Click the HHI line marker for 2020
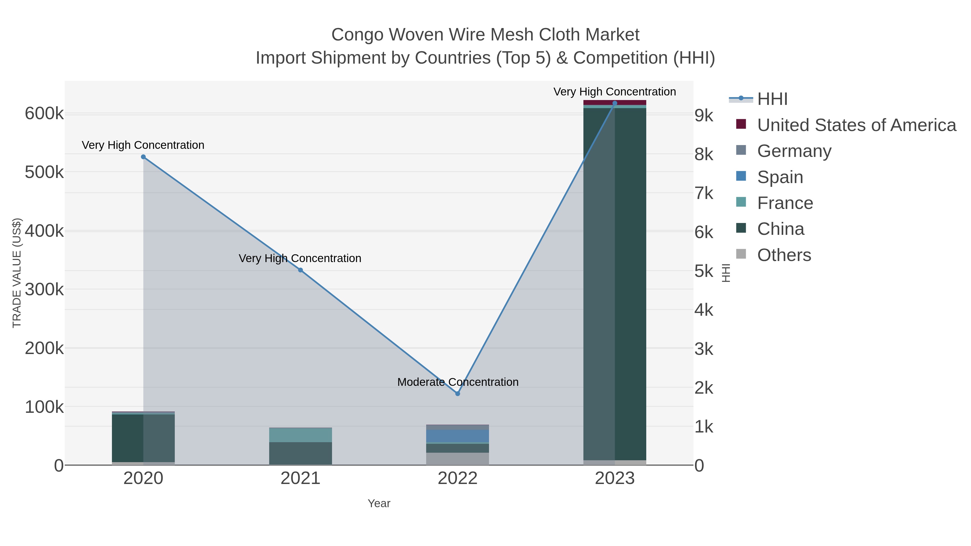[x=143, y=157]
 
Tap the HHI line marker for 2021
[x=300, y=270]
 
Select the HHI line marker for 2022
[x=458, y=393]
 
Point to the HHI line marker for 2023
[x=615, y=103]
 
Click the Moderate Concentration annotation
[x=458, y=382]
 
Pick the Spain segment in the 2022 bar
[x=458, y=436]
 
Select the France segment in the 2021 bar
[x=300, y=435]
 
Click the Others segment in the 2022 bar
[x=458, y=459]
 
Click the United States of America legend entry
[x=856, y=125]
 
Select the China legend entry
[x=780, y=229]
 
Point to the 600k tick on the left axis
[x=44, y=114]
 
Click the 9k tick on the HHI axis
[x=704, y=116]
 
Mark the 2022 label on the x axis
[x=458, y=478]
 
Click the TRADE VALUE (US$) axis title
[x=17, y=273]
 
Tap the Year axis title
[x=379, y=503]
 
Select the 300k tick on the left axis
[x=44, y=289]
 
